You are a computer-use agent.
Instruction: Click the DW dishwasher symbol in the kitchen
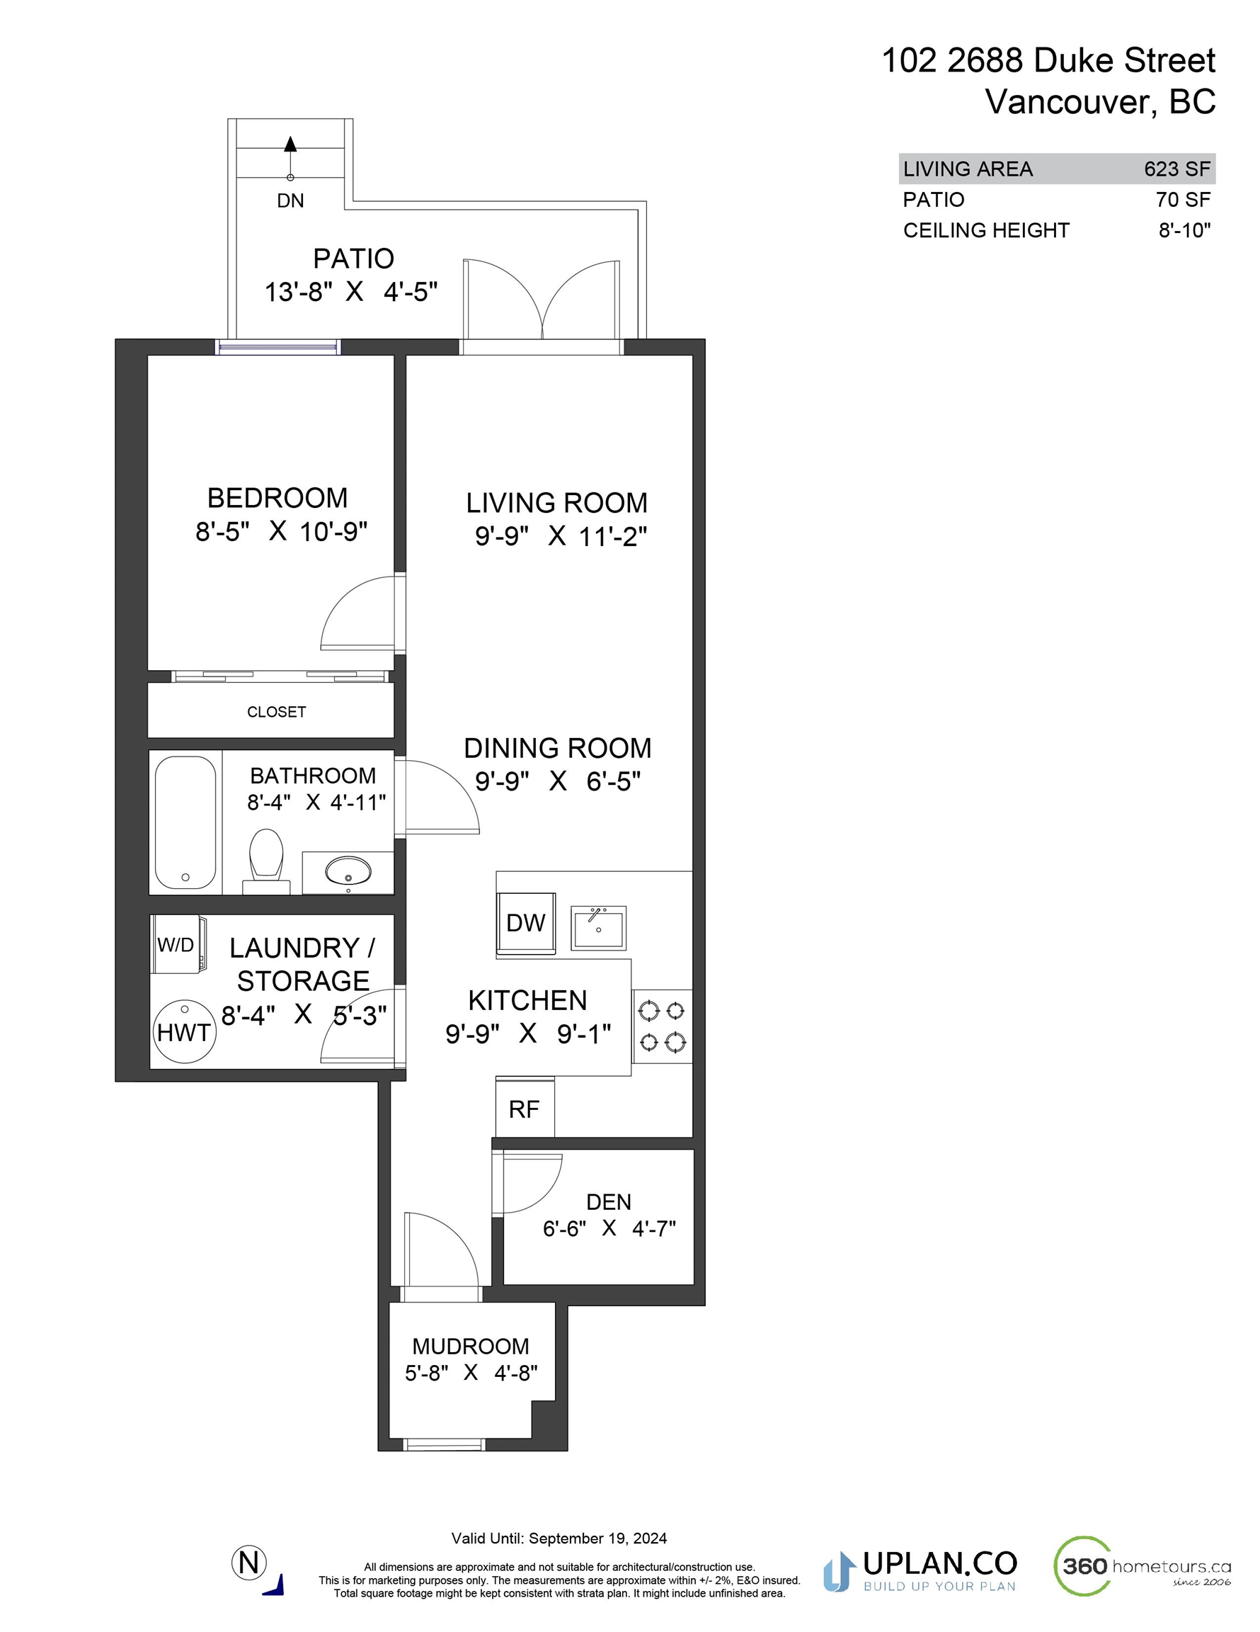tap(526, 924)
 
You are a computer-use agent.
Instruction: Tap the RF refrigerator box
tap(525, 1108)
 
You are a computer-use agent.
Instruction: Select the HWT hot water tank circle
tap(184, 1031)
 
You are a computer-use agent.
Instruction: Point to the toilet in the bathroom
tap(266, 861)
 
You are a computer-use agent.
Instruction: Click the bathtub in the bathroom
tap(185, 822)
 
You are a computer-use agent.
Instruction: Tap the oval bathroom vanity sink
tap(348, 871)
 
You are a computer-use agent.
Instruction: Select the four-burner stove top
tap(663, 1026)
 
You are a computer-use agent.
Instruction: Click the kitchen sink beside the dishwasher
tap(598, 927)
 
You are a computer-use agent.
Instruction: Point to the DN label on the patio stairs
tap(290, 200)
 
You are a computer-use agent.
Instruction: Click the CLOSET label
tap(276, 712)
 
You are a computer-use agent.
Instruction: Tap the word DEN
tap(609, 1202)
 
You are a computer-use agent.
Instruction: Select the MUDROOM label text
tap(471, 1347)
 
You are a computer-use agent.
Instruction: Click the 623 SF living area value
tap(1177, 169)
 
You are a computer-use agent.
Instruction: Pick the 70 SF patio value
tap(1183, 200)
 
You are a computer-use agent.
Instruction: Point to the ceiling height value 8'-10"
tap(1184, 230)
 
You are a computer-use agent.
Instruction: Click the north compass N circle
tap(249, 1563)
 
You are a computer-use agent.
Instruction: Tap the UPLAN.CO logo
tap(920, 1570)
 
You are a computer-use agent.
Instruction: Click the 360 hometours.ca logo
tap(1141, 1565)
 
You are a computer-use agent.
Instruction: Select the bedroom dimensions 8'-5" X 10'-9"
tap(282, 532)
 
